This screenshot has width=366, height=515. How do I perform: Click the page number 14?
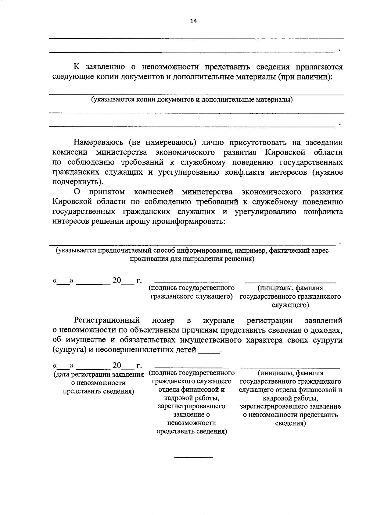click(193, 21)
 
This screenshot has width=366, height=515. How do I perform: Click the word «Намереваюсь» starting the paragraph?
click(98, 143)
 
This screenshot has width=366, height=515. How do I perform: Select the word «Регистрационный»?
click(107, 320)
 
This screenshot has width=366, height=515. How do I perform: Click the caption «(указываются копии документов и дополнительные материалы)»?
click(192, 100)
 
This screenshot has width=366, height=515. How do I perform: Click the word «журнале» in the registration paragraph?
click(219, 320)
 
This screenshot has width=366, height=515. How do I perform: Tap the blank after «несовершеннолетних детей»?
click(209, 351)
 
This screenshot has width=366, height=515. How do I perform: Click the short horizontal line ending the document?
click(193, 457)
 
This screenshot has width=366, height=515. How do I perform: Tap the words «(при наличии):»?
click(305, 77)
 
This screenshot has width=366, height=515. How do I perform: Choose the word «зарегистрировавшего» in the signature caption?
click(192, 406)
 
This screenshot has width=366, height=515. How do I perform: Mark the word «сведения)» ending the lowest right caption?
click(290, 423)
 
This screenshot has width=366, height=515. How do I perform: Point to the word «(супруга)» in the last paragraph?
click(69, 350)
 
